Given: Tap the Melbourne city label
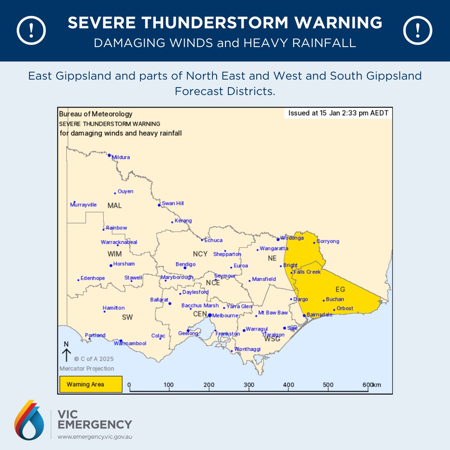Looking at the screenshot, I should tap(225, 316).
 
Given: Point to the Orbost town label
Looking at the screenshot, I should tap(345, 309).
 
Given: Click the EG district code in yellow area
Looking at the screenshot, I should tap(340, 289).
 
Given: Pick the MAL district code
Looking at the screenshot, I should tap(115, 206).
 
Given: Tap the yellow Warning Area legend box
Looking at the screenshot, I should tap(90, 384).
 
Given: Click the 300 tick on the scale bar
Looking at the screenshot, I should tap(249, 385).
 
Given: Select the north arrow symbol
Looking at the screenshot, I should tap(66, 352).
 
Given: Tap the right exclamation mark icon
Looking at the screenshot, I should tap(418, 31).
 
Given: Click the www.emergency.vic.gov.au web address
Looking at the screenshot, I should tap(95, 437).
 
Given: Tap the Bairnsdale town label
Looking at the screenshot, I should tap(320, 315).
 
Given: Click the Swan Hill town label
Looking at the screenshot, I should tap(172, 203).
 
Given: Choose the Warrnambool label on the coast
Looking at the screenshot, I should tap(130, 343).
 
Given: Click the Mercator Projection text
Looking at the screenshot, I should tap(87, 368).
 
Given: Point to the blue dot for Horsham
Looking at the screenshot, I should tap(110, 265).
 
